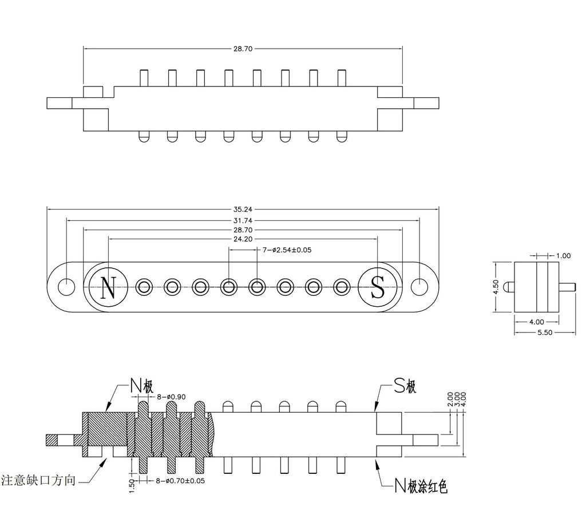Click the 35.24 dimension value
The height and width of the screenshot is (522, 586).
(243, 209)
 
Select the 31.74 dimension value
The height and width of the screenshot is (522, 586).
(243, 221)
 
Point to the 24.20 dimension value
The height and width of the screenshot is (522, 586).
(243, 239)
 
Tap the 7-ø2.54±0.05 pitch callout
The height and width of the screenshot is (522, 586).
(287, 250)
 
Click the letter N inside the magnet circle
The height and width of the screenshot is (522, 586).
(108, 287)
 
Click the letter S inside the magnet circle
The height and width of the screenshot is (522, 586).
(378, 287)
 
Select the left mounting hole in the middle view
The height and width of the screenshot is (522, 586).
(66, 287)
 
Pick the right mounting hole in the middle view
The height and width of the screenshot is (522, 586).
(419, 287)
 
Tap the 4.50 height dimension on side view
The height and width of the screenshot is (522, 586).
(496, 287)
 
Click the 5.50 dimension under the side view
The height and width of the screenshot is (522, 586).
(545, 333)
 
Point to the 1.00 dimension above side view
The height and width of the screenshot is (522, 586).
(563, 256)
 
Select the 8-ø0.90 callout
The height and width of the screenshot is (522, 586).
(171, 397)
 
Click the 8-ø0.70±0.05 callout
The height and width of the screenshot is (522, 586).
(180, 481)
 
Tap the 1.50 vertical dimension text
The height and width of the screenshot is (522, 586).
(132, 487)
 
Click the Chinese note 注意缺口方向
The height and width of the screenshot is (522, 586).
(38, 480)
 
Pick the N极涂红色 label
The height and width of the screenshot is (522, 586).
(421, 486)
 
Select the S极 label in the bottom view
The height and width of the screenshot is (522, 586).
(406, 386)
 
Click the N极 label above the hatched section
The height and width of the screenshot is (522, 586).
(142, 385)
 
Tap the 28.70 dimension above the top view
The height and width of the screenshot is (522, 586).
(243, 49)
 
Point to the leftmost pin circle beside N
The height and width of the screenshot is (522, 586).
(144, 287)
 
